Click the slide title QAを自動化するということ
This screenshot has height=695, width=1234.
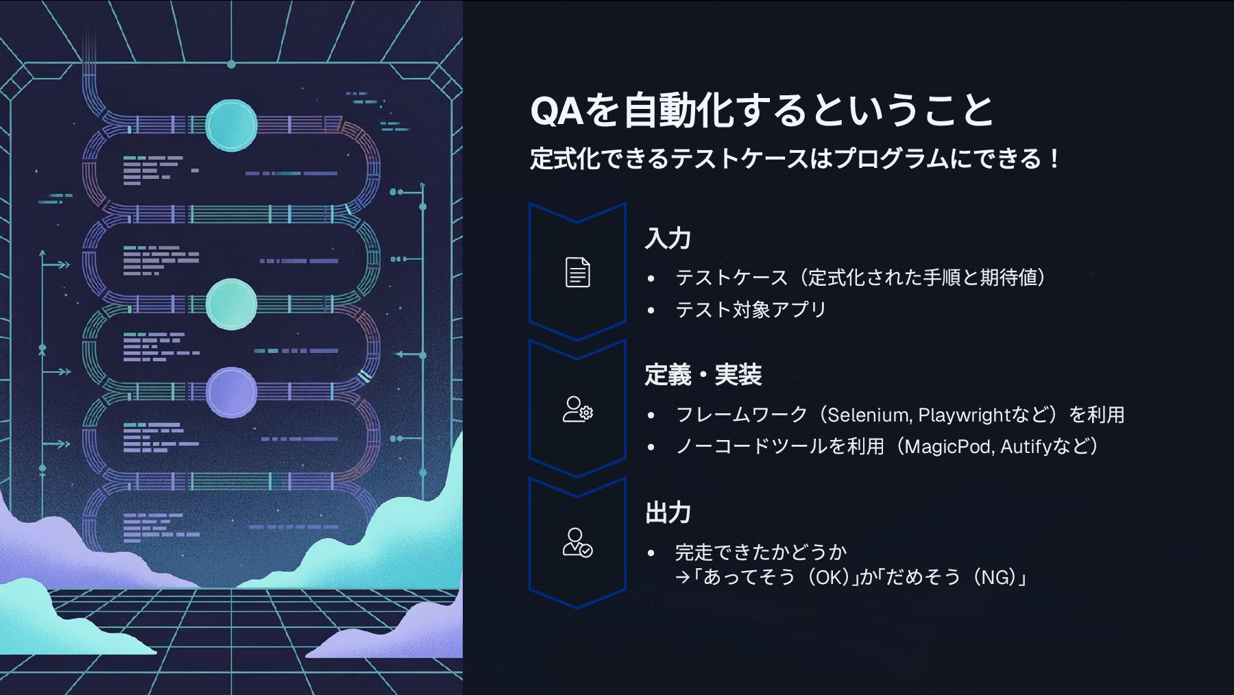[x=761, y=110]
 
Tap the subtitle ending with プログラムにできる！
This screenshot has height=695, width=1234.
[x=795, y=159]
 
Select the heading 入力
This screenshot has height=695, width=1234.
[x=667, y=239]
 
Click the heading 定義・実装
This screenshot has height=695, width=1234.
[x=703, y=376]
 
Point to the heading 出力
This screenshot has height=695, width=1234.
[x=667, y=513]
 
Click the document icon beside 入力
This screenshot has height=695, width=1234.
[x=577, y=272]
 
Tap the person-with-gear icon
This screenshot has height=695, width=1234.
[x=577, y=409]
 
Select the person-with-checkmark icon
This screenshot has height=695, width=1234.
[x=577, y=543]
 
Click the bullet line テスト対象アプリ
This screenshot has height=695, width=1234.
[x=751, y=310]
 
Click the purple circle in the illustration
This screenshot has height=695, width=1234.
[x=231, y=392]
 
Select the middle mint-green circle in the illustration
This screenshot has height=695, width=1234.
[x=231, y=304]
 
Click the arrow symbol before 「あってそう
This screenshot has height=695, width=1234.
[x=682, y=578]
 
